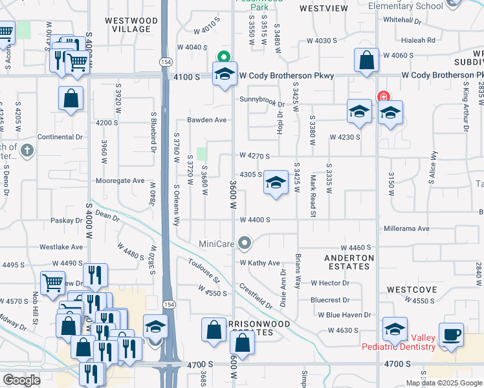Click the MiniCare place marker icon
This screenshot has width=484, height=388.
point(245,243)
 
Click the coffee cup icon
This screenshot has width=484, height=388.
point(451,334)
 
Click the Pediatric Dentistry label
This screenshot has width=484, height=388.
point(406,347)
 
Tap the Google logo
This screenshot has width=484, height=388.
point(21,380)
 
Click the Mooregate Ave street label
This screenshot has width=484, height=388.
point(120,181)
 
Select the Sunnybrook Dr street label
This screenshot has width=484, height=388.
point(261,100)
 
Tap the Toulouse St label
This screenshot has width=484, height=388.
point(204,272)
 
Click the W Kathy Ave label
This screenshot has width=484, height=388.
point(259,263)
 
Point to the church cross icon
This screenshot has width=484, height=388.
point(27,151)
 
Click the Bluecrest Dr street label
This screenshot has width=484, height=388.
point(329,300)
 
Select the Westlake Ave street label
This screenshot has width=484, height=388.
point(61,247)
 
